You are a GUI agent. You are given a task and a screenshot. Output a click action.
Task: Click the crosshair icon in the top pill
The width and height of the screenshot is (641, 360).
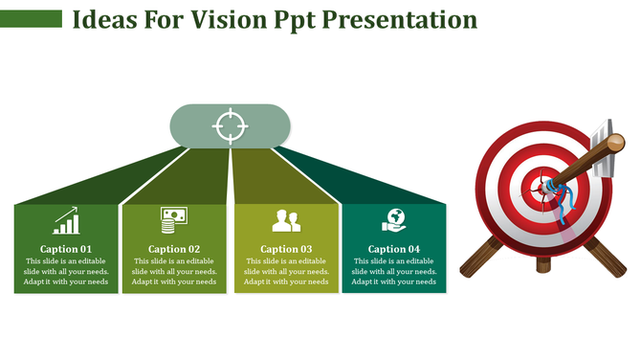click(229, 126)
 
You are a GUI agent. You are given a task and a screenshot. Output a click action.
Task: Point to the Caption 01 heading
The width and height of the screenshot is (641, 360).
click(66, 249)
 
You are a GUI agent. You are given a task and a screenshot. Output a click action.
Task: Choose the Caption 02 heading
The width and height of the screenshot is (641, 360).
click(174, 249)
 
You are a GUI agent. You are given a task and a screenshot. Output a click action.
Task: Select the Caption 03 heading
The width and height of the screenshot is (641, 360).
click(286, 249)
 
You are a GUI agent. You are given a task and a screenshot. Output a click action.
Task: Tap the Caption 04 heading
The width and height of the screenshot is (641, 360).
click(394, 249)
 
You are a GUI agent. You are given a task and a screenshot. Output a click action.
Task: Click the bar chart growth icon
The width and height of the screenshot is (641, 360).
click(66, 220)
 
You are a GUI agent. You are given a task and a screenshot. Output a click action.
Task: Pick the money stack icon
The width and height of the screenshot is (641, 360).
click(173, 220)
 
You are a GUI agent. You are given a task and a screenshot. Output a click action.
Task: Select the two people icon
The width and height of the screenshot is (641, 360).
click(286, 221)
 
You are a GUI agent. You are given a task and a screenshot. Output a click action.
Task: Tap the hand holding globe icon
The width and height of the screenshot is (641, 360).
click(393, 220)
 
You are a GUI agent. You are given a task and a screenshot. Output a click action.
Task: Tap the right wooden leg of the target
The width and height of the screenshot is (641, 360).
click(606, 256)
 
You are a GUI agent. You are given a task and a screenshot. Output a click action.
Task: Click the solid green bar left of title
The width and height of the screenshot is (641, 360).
click(31, 19)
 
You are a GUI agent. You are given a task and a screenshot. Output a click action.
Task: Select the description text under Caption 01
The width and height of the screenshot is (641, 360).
click(66, 272)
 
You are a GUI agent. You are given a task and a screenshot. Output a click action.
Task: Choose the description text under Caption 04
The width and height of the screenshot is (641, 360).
click(394, 272)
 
